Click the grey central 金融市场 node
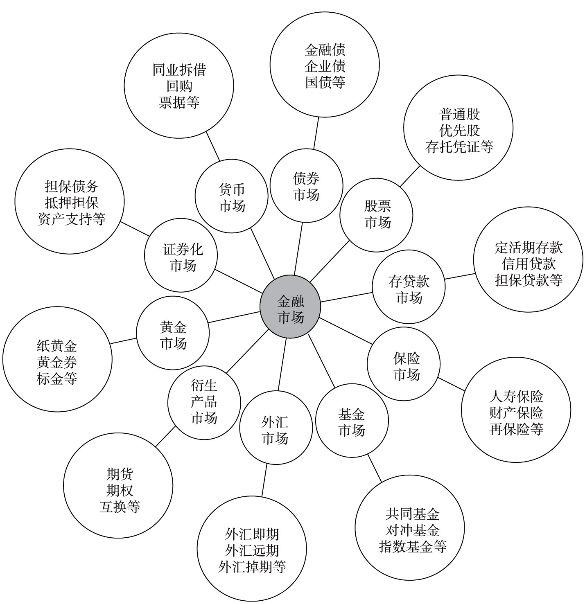[290, 307]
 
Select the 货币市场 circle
[231, 196]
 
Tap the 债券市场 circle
[307, 186]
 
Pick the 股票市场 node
[376, 215]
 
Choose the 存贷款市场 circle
[409, 287]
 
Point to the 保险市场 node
[404, 364]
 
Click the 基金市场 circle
[352, 421]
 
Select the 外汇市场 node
[276, 428]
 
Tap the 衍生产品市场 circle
[204, 403]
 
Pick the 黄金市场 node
[173, 333]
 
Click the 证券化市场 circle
[181, 255]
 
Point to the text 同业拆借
[179, 70]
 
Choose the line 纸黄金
[57, 346]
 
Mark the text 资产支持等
[72, 219]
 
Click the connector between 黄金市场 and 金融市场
[234, 317]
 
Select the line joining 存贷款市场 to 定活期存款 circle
[460, 276]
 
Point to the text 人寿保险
[516, 397]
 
